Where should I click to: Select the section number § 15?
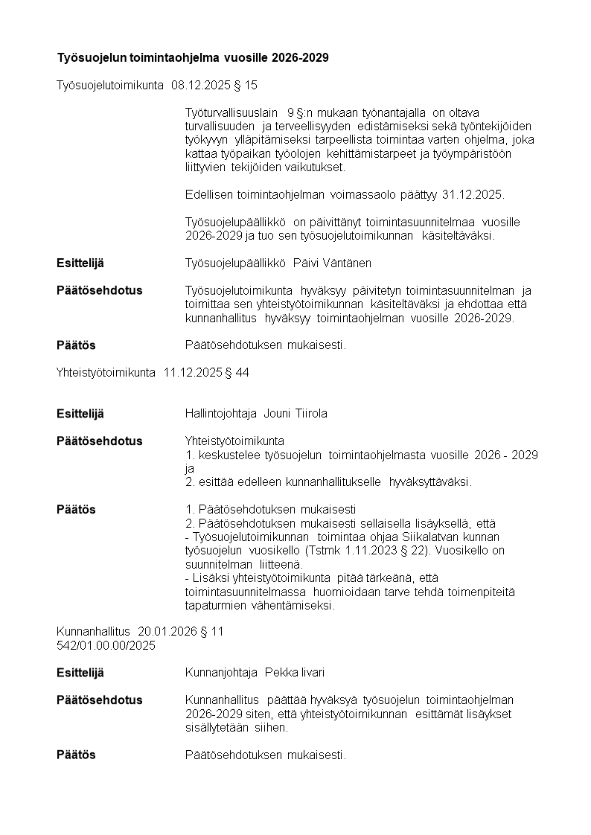245,86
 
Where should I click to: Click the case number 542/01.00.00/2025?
106,646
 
